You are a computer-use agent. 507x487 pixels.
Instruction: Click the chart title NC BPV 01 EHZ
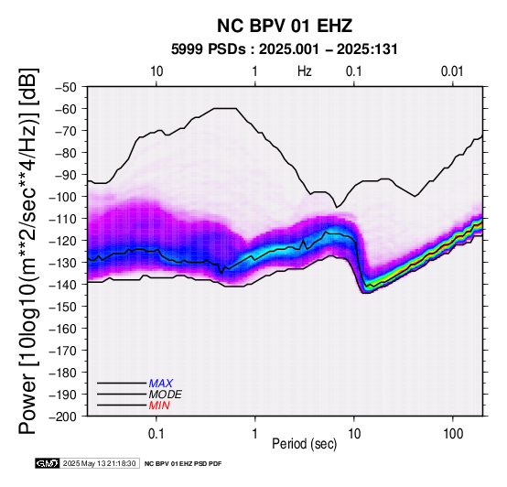285,26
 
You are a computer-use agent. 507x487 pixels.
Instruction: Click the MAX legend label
161,384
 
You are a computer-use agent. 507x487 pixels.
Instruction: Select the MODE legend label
166,395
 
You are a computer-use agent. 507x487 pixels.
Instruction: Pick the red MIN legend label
159,406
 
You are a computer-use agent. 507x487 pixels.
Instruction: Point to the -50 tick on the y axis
66,87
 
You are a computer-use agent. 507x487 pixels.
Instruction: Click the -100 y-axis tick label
63,197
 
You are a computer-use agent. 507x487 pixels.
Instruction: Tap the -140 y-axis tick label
63,285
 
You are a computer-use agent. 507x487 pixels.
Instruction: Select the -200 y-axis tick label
63,417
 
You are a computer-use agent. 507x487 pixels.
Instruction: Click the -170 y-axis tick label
63,351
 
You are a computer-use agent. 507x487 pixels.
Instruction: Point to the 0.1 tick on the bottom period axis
156,434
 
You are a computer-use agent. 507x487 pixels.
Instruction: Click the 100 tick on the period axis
453,434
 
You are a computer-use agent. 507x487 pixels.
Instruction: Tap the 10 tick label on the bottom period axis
354,434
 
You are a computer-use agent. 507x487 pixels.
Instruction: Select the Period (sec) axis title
304,444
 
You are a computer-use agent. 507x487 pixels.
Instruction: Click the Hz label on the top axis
304,71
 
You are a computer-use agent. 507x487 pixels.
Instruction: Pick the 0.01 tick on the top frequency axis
452,71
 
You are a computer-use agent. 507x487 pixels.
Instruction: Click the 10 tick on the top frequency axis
156,71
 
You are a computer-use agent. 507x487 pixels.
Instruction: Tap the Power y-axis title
27,251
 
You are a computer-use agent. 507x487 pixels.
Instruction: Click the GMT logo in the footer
47,463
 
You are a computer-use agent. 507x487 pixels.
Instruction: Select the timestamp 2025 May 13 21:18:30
99,463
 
